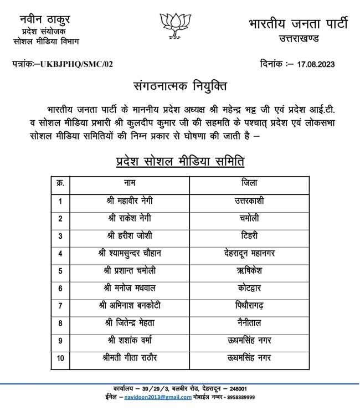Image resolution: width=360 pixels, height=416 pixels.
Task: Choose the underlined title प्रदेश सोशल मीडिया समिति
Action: click(179, 162)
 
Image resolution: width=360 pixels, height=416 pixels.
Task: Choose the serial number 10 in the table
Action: click(60, 358)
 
